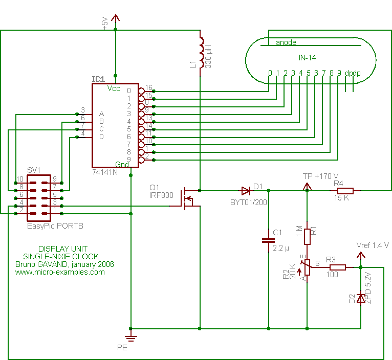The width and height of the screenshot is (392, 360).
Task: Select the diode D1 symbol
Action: pyautogui.click(x=246, y=191)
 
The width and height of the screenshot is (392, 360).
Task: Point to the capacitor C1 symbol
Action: pyautogui.click(x=268, y=240)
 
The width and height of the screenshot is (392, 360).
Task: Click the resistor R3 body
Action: pyautogui.click(x=337, y=267)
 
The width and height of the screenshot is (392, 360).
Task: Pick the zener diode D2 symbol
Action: pyautogui.click(x=361, y=297)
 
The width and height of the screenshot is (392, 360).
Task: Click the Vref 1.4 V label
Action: pyautogui.click(x=372, y=245)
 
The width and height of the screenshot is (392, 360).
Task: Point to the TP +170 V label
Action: pyautogui.click(x=321, y=176)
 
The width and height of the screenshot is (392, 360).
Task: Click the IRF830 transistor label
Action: pyautogui.click(x=161, y=195)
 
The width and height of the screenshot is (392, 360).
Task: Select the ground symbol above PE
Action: pyautogui.click(x=132, y=336)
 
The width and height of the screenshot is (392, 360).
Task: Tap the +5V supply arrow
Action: pyautogui.click(x=116, y=19)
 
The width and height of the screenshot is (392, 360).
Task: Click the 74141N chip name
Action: pyautogui.click(x=105, y=172)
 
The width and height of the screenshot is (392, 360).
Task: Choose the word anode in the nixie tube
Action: pyautogui.click(x=286, y=42)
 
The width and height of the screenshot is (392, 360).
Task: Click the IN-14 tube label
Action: pyautogui.click(x=308, y=57)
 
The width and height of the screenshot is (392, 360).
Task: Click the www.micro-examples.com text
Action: pyautogui.click(x=60, y=272)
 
